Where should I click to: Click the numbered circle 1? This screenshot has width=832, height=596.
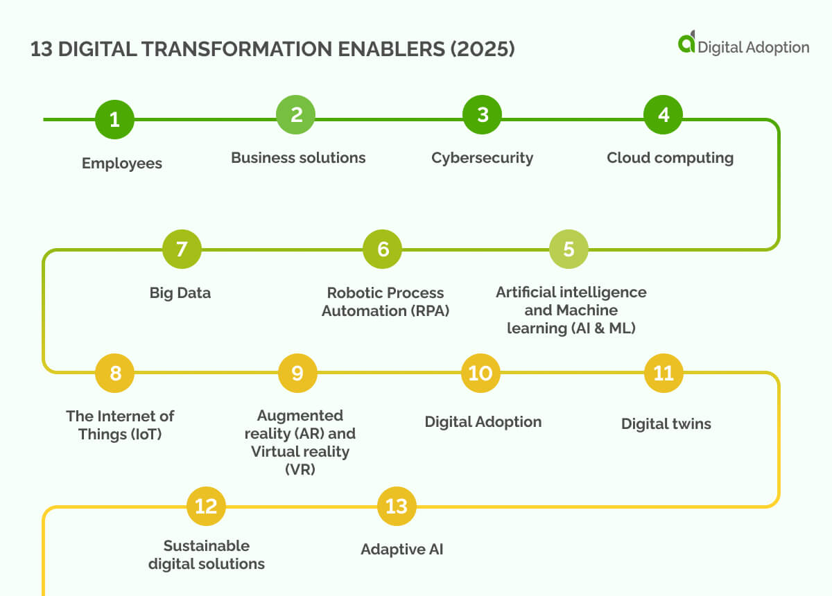click(x=114, y=120)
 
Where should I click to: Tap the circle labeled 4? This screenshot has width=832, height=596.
click(x=664, y=115)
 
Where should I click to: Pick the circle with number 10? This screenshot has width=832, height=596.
click(x=480, y=374)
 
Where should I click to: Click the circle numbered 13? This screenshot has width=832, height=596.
click(x=397, y=506)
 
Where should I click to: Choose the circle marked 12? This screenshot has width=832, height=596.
click(x=206, y=506)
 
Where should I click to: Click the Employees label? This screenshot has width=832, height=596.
click(x=122, y=164)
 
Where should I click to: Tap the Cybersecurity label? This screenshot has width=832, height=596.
click(x=482, y=158)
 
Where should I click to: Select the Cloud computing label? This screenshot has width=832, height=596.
click(x=670, y=158)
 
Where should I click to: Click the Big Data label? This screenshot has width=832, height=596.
click(x=180, y=293)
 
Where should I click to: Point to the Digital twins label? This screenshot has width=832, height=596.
click(x=666, y=424)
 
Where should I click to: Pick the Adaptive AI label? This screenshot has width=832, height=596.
click(x=401, y=550)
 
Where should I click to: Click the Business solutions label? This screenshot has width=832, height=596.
click(x=298, y=158)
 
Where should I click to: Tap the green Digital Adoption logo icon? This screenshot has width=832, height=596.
click(x=686, y=43)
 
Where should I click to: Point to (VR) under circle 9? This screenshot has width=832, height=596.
click(x=300, y=469)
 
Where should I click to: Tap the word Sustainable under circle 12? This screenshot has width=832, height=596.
click(x=207, y=545)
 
